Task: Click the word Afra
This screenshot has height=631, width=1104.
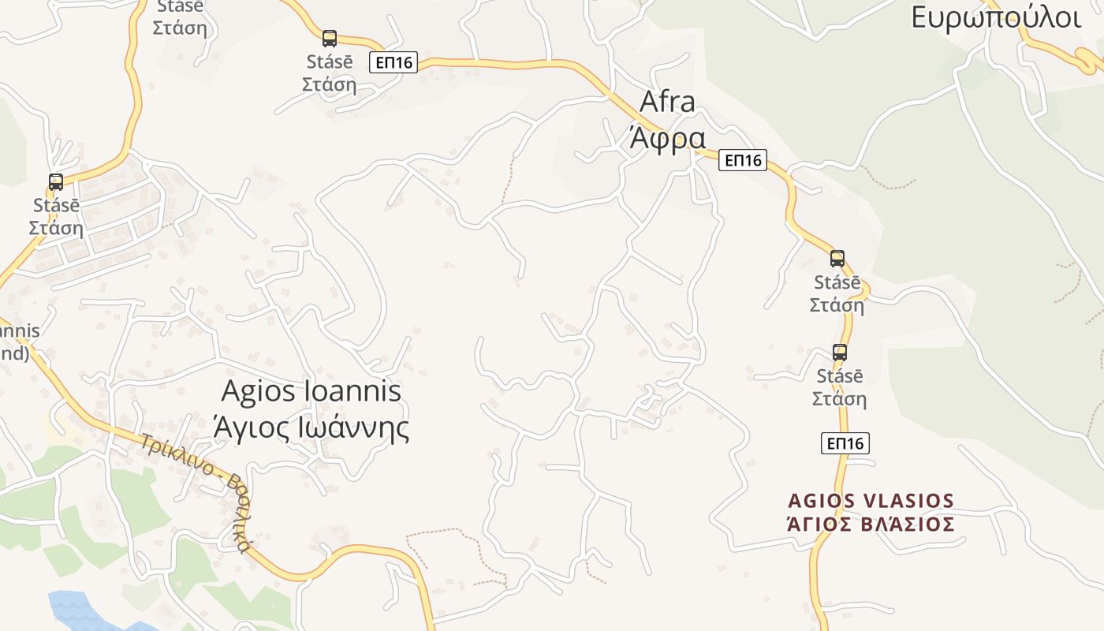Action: click(667, 102)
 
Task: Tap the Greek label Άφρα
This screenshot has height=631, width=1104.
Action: click(666, 137)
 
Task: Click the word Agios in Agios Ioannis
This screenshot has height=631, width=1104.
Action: click(252, 391)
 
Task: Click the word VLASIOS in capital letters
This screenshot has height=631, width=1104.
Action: click(908, 501)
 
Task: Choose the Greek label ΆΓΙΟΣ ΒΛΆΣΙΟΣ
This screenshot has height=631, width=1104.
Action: click(871, 525)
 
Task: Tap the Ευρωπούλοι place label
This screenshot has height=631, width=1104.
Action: click(996, 17)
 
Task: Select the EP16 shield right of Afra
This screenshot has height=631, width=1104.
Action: click(743, 160)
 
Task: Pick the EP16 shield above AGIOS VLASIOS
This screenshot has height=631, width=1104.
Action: click(845, 443)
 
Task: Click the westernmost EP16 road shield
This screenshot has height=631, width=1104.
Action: click(393, 62)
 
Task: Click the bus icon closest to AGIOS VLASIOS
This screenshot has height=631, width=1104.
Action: click(840, 352)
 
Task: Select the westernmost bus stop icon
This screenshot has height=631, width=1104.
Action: click(56, 182)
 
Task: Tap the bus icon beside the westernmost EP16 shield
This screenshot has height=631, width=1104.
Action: click(330, 38)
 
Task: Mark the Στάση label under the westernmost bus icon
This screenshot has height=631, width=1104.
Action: click(56, 228)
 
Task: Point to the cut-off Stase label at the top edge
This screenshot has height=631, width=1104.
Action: click(180, 7)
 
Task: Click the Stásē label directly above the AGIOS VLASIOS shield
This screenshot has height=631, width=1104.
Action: click(840, 376)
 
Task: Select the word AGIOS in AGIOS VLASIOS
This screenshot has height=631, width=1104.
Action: click(821, 501)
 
